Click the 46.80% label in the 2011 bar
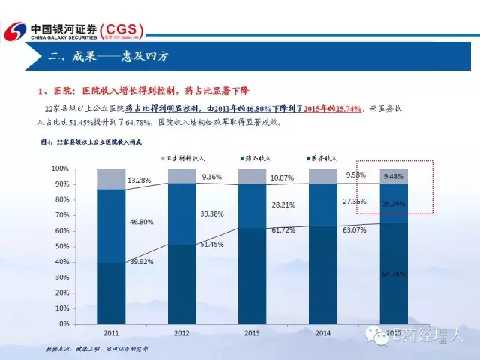pyautogui.click(x=141, y=223)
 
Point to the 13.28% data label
pyautogui.click(x=142, y=181)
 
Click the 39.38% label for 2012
pyautogui.click(x=212, y=214)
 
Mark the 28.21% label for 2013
pyautogui.click(x=283, y=204)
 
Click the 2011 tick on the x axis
pyautogui.click(x=111, y=332)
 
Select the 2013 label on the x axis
pyautogui.click(x=252, y=332)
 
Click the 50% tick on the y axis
pyautogui.click(x=83, y=246)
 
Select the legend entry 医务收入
pyautogui.click(x=323, y=158)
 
